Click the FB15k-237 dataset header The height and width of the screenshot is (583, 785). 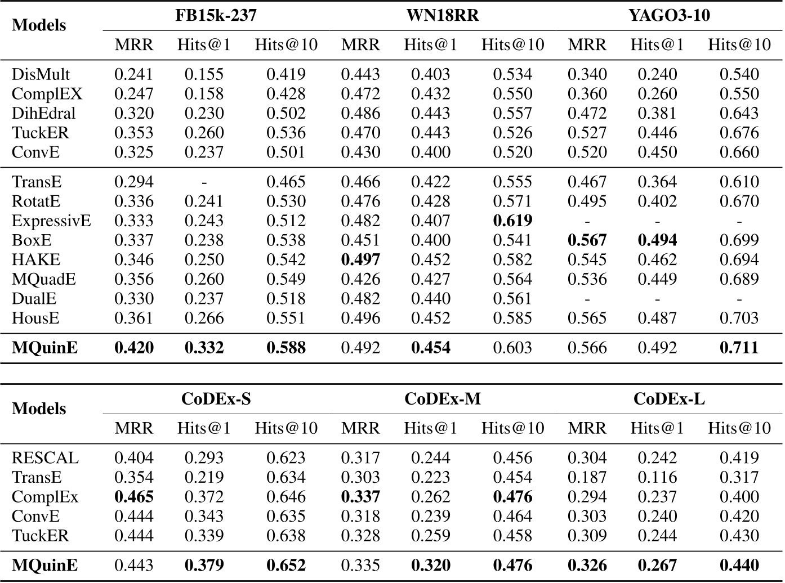click(x=216, y=15)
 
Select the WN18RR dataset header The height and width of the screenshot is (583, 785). click(x=443, y=15)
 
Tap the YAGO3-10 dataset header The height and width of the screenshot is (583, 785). click(x=669, y=15)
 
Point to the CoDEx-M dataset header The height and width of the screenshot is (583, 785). click(x=443, y=399)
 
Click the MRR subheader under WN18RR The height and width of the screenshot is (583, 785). click(x=360, y=45)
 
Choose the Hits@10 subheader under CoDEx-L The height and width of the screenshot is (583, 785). click(x=739, y=428)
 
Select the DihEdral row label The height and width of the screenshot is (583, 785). click(x=44, y=113)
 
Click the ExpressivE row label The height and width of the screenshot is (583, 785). click(x=51, y=221)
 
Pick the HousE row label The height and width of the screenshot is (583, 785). click(x=35, y=318)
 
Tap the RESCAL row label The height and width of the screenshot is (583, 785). click(x=45, y=458)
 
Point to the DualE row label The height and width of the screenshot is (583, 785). click(x=34, y=299)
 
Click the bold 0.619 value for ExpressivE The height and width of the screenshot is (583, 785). click(x=512, y=221)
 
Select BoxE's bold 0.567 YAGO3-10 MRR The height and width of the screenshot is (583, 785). click(x=587, y=240)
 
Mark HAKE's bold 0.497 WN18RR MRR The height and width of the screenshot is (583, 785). click(x=360, y=259)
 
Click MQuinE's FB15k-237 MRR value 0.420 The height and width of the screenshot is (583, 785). click(x=134, y=348)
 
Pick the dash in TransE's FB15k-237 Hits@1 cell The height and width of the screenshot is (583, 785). click(x=204, y=182)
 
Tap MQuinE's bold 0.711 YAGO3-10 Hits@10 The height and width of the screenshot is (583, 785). click(x=739, y=348)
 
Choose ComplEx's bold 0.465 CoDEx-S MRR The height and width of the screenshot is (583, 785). click(x=134, y=497)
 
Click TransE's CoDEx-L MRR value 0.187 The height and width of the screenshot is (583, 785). click(x=587, y=477)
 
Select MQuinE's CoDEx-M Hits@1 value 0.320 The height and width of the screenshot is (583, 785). click(x=430, y=565)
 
